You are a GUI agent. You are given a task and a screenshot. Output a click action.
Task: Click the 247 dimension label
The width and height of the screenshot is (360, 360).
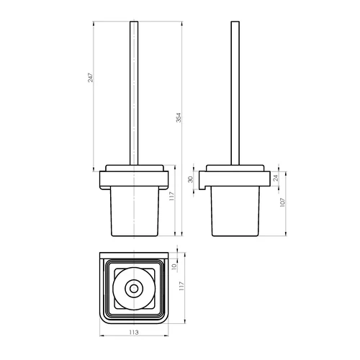tap(90, 77)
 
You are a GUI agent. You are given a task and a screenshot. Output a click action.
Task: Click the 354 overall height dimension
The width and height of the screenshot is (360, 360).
tap(179, 117)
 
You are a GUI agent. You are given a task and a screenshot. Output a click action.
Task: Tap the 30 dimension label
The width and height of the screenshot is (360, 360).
tap(190, 179)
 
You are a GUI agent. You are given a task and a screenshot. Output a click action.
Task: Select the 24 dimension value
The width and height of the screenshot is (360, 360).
tap(276, 178)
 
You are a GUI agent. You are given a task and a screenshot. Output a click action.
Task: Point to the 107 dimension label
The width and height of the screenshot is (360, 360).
tap(282, 202)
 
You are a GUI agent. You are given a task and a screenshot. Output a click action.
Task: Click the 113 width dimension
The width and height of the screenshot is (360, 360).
tap(134, 332)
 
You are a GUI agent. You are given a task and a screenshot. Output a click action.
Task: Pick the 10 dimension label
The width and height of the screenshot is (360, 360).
tap(174, 266)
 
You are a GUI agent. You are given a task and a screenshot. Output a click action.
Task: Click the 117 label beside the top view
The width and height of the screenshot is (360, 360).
tap(181, 286)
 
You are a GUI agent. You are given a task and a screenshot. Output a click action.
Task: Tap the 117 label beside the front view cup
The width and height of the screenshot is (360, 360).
tap(171, 196)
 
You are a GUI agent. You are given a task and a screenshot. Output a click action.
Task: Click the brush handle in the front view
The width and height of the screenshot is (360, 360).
tap(134, 93)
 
